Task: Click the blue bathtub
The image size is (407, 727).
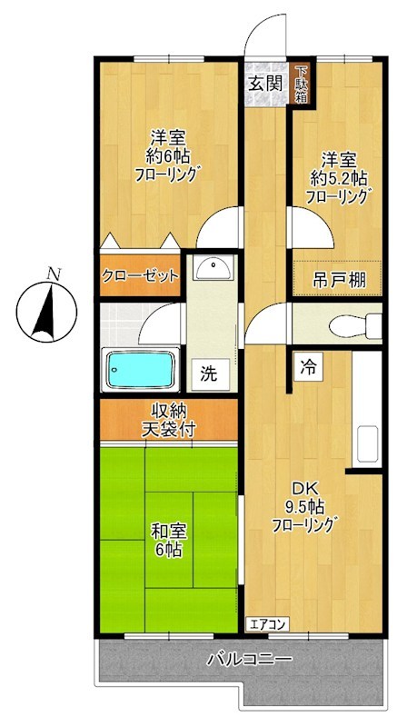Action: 141,369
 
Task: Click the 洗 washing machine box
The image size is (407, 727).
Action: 209,372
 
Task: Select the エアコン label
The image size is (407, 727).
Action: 269,623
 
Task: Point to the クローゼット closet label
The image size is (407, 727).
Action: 140,276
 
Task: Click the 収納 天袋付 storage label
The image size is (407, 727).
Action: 168,421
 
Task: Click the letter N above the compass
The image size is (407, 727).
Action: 54,273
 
